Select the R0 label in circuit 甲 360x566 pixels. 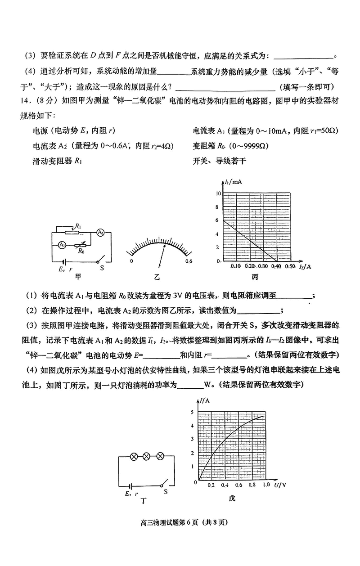click(81, 252)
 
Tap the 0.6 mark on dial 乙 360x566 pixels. click(189, 261)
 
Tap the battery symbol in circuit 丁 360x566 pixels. click(131, 486)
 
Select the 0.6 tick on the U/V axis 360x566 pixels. click(238, 485)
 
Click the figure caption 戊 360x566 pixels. click(232, 498)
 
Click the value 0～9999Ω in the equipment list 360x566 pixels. click(243, 146)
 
